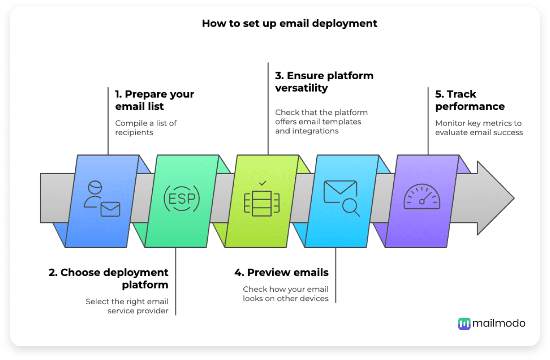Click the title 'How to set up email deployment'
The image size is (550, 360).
290,23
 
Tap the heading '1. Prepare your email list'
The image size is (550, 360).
154,100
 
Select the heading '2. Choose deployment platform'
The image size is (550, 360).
109,278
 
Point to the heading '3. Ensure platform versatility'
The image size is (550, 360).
324,82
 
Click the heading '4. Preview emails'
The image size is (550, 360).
281,273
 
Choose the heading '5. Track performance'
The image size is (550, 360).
469,100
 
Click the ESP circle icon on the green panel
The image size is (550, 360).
182,198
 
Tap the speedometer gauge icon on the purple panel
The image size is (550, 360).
422,197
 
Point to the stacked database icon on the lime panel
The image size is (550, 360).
262,203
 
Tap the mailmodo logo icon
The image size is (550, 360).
464,323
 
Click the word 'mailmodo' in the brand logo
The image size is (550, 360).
500,323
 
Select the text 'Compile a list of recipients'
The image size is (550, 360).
146,128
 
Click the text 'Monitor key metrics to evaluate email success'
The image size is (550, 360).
478,128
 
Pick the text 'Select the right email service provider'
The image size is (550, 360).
127,306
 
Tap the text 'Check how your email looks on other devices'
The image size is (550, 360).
286,294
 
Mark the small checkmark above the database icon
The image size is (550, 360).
262,184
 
